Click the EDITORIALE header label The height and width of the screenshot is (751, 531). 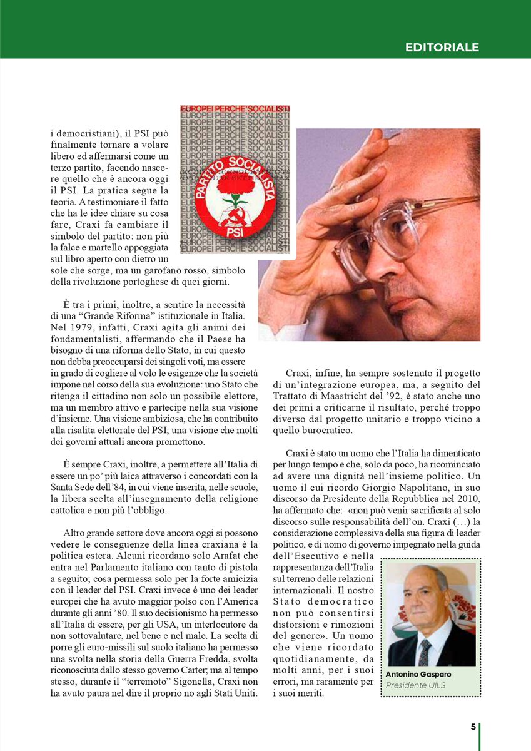coord(442,47)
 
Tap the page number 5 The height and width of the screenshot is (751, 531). coord(473,727)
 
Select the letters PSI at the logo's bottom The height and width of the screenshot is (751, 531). coord(236,230)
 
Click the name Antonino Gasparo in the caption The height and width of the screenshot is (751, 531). coord(418,674)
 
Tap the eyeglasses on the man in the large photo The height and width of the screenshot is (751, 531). coord(400,228)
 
